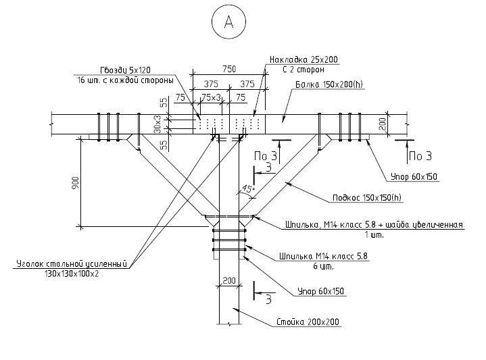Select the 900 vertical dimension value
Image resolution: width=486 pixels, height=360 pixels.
(76, 183)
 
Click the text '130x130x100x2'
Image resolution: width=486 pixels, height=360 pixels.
(72, 274)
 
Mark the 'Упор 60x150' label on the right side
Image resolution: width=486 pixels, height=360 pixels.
(414, 177)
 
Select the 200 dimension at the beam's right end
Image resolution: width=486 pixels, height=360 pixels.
(382, 124)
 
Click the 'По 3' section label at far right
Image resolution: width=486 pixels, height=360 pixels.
(420, 157)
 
